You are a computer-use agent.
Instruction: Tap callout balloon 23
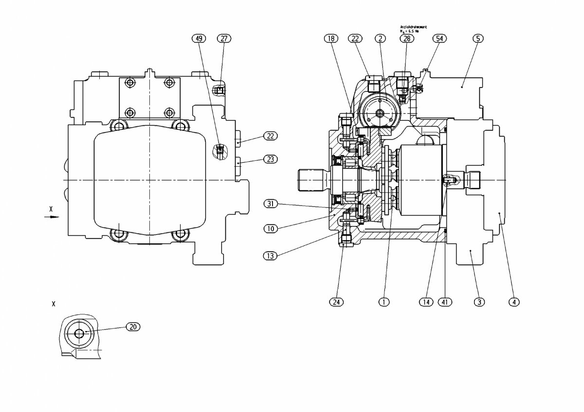point(271,158)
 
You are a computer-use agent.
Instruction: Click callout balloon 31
point(271,204)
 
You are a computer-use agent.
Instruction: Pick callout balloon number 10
point(271,228)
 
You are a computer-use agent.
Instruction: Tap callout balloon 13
point(271,255)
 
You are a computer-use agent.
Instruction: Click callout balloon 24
point(336,302)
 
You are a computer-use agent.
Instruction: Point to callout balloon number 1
point(384,302)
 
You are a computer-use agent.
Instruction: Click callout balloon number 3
point(479,302)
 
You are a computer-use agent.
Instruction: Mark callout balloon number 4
point(513,302)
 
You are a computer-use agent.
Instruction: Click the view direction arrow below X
point(52,217)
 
